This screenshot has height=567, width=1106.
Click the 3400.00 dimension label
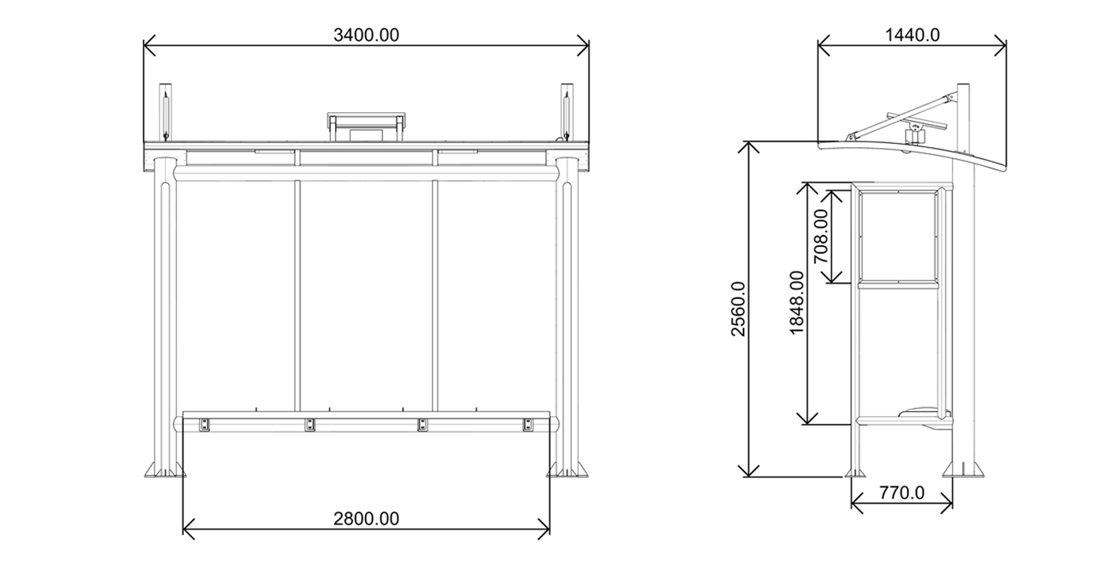tap(367, 35)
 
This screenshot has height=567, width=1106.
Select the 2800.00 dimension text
tap(366, 519)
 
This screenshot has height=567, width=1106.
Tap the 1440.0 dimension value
tap(912, 35)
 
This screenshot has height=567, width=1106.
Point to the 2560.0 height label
tap(738, 309)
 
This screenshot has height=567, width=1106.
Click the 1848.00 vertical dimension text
tap(796, 303)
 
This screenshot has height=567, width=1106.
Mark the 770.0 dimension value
tap(901, 493)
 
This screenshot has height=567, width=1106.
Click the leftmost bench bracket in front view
tap(204, 425)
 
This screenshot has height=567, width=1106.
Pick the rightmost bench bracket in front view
tap(528, 425)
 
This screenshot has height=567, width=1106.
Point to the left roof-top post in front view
tap(165, 111)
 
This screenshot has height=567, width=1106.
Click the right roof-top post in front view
tap(566, 111)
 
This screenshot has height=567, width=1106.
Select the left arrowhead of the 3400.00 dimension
tap(146, 46)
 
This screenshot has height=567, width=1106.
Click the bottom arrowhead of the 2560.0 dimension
tap(749, 474)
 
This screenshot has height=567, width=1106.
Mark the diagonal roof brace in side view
tap(901, 115)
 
